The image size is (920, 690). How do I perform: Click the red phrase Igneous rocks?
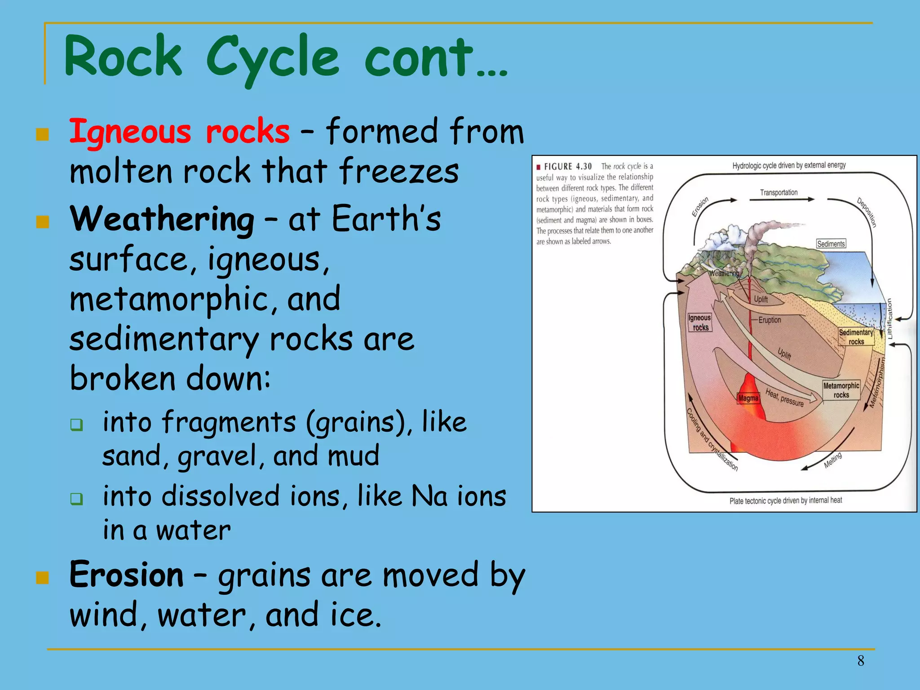(179, 132)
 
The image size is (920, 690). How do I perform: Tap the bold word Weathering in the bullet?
(162, 219)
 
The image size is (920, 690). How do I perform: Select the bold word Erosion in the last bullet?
(126, 575)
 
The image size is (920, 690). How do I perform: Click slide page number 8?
(860, 661)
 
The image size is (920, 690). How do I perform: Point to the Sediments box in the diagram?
(831, 244)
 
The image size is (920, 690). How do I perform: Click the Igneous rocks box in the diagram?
(699, 323)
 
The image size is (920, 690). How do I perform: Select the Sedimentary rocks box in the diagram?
(856, 337)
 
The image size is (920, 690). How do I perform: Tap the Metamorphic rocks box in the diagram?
(841, 390)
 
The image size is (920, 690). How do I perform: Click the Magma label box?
(748, 398)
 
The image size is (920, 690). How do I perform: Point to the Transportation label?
(778, 193)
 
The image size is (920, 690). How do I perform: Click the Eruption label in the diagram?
(770, 320)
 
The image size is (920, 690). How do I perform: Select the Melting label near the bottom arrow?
(833, 460)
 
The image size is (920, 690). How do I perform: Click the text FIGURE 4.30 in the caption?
(568, 167)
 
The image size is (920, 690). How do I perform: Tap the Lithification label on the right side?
(889, 319)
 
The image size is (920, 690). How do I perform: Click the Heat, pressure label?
(784, 398)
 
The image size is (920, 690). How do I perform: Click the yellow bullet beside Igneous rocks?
(42, 134)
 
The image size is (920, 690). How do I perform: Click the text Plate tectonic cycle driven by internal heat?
(785, 500)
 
